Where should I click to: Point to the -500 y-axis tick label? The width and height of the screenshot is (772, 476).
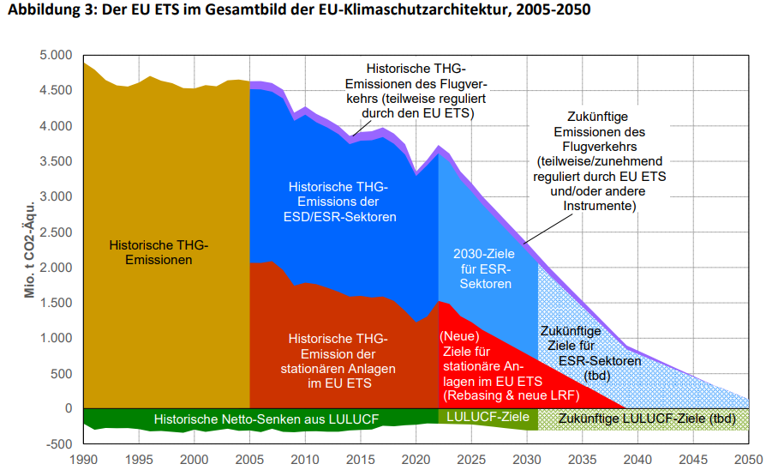pyautogui.click(x=59, y=444)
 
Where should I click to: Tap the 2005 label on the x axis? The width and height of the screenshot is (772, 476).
pyautogui.click(x=249, y=460)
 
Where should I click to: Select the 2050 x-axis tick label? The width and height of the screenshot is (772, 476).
pyautogui.click(x=748, y=460)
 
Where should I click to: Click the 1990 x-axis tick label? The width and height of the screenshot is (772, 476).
pyautogui.click(x=84, y=460)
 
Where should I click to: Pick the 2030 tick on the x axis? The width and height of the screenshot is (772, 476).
pyautogui.click(x=527, y=460)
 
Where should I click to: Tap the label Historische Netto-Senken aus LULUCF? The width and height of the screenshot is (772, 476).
pyautogui.click(x=266, y=419)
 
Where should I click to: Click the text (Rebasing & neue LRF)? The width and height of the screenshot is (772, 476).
pyautogui.click(x=512, y=396)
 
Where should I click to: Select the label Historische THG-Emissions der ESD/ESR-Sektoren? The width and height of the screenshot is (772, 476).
pyautogui.click(x=342, y=202)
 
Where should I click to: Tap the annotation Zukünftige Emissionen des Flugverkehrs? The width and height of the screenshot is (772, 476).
pyautogui.click(x=599, y=161)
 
